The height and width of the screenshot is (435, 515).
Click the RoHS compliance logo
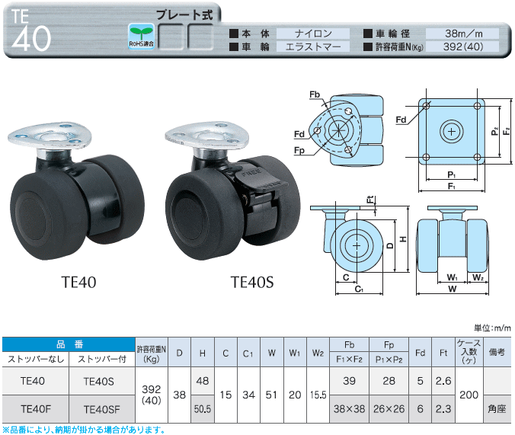141,37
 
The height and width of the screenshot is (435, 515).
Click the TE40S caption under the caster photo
252,282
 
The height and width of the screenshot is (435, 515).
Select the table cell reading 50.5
203,409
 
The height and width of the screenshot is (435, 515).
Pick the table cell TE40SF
102,409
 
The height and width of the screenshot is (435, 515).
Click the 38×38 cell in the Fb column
349,409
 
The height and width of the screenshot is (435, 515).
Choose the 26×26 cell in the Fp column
389,409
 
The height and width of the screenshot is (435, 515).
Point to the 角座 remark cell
497,409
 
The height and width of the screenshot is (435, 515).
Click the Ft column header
443,353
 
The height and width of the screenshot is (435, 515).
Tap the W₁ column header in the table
295,353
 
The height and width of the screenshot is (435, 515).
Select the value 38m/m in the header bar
464,34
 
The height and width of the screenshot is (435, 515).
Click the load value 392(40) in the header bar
463,46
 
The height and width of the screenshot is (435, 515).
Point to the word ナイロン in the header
313,34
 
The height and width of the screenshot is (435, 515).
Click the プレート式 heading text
184,14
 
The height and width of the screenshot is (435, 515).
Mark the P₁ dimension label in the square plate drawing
452,174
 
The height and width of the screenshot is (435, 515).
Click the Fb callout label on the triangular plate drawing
315,94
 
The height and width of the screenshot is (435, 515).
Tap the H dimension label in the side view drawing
404,239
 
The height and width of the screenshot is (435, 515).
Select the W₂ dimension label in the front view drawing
478,277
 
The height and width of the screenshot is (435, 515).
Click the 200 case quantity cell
469,395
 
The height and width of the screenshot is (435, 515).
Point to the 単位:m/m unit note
492,328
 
